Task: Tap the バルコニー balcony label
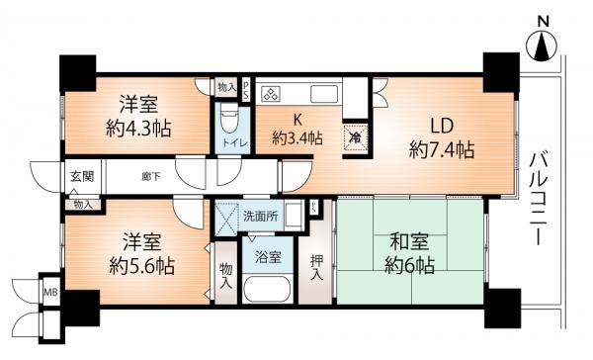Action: click(539, 199)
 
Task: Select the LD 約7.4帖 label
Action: click(442, 137)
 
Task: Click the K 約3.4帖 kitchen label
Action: click(297, 130)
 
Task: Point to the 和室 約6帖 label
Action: click(409, 253)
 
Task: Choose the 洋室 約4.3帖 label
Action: click(138, 116)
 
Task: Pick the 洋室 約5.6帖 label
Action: click(141, 253)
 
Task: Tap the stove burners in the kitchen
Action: click(271, 94)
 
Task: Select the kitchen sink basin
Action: click(324, 94)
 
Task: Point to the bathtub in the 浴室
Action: click(267, 289)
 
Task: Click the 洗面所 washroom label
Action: click(260, 217)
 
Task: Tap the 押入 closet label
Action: click(316, 268)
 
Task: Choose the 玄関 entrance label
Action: click(82, 176)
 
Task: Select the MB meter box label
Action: click(51, 292)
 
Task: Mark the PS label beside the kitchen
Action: click(246, 90)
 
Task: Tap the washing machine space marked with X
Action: click(226, 219)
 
